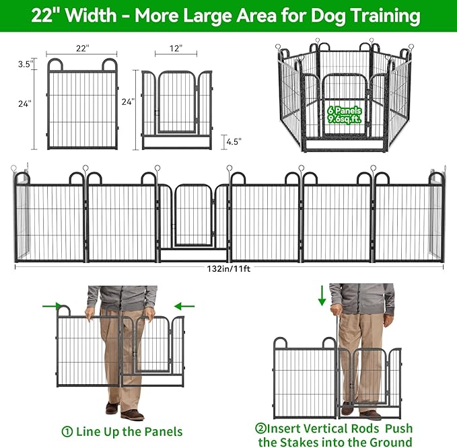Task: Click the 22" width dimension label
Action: click(81, 48)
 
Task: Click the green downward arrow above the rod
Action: click(322, 294)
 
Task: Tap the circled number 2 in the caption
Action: click(260, 428)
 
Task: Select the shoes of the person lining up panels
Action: click(123, 411)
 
